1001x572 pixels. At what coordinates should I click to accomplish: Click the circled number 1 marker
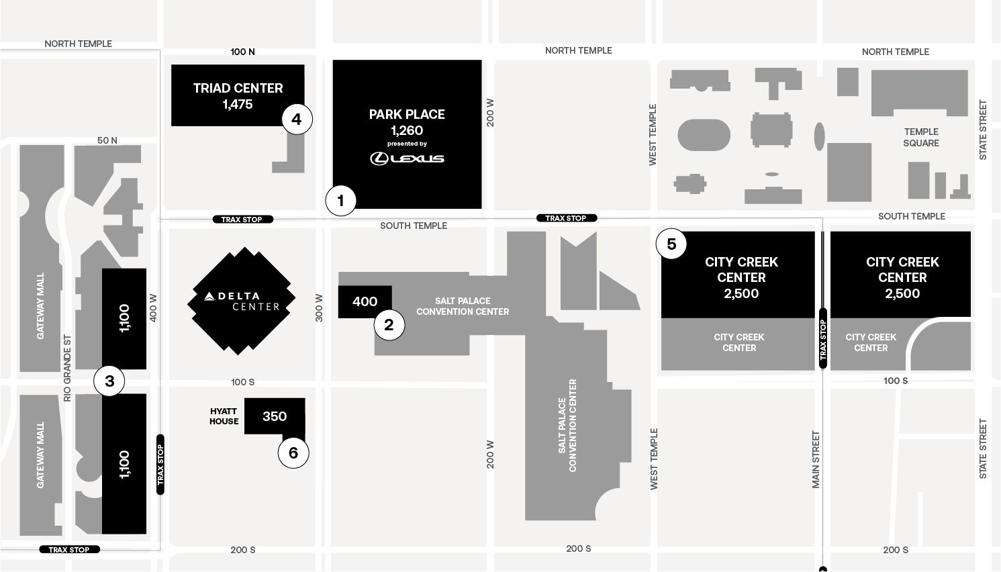[340, 200]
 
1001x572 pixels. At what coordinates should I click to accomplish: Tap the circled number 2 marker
[389, 325]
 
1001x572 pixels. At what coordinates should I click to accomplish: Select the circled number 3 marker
[109, 381]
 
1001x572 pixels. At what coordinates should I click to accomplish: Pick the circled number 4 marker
[297, 120]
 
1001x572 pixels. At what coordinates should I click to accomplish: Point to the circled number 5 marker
[671, 244]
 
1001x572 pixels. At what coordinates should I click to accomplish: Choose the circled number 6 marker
[293, 452]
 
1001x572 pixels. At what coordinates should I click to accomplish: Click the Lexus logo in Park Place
[407, 158]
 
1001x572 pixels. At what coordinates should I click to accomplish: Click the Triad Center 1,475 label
[238, 95]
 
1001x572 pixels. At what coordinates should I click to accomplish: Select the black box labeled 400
[365, 302]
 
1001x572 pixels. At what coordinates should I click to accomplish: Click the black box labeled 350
[275, 416]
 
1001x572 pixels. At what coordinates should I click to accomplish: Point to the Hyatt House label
[224, 416]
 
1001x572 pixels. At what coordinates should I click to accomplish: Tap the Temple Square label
[920, 137]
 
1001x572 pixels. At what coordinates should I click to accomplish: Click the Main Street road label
[816, 459]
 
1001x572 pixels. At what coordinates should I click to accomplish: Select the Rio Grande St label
[67, 368]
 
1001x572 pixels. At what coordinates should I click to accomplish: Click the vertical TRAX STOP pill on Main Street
[823, 338]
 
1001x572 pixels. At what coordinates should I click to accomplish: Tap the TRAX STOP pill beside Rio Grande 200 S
[69, 549]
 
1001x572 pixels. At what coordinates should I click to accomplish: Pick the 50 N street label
[107, 140]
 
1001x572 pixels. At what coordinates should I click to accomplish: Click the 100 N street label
[242, 52]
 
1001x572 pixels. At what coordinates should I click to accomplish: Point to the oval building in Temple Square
[704, 135]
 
